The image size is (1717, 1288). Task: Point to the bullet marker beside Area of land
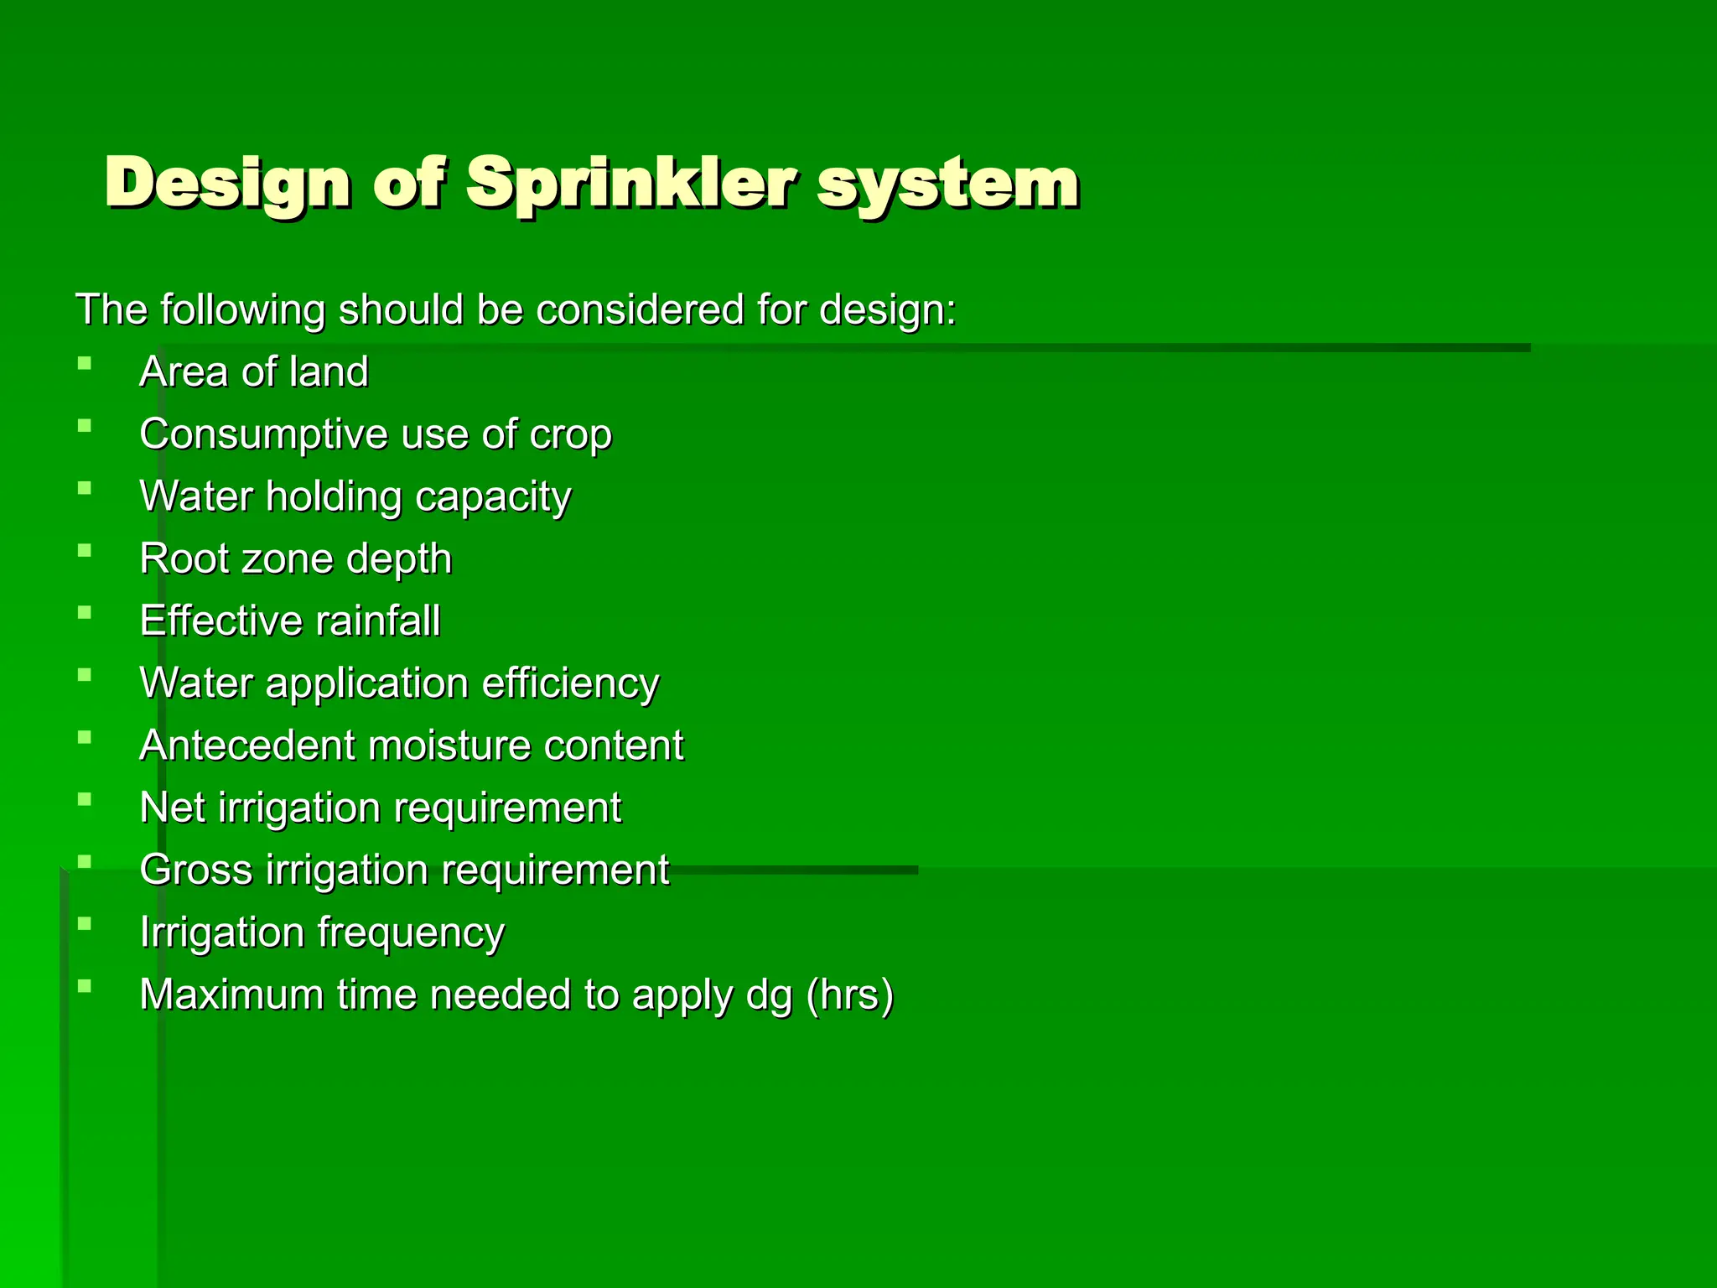click(84, 364)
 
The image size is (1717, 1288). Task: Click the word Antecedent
click(247, 745)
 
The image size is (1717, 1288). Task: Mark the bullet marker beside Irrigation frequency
click(84, 924)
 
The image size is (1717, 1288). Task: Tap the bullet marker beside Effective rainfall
click(84, 613)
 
